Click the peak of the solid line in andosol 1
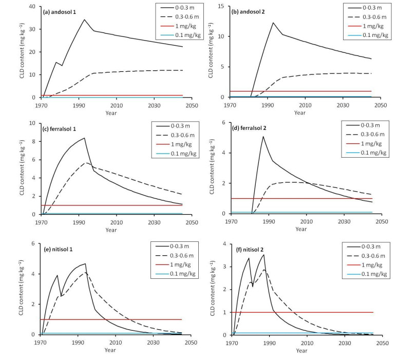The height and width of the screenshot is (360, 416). click(x=84, y=20)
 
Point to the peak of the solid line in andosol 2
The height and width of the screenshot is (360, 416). click(x=273, y=23)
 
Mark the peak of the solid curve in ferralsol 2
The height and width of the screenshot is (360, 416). click(x=263, y=136)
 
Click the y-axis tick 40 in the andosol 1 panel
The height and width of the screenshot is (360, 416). click(x=32, y=7)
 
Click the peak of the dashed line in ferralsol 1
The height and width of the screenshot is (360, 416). click(x=87, y=163)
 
